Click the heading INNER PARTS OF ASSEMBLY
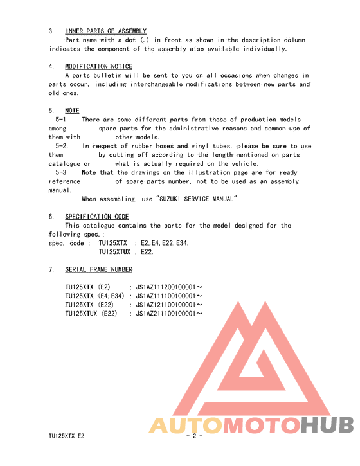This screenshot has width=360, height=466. coord(105,31)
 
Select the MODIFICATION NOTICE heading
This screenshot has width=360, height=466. coord(98,66)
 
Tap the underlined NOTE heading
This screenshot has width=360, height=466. coord(72,111)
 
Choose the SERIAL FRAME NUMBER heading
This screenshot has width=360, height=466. coord(99,269)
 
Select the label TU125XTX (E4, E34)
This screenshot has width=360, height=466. coord(95,296)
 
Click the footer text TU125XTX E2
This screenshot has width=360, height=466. coord(66,435)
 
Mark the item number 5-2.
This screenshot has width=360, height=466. coord(62,146)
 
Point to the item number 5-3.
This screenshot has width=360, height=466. coord(62,172)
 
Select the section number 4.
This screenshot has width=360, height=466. coord(51,66)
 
